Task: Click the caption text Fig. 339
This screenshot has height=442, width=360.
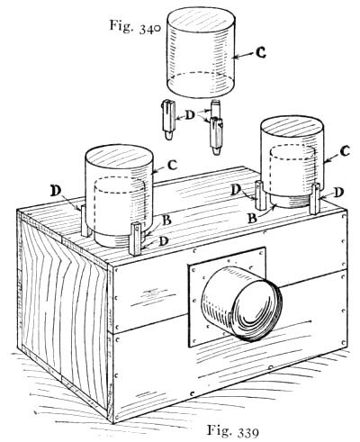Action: coord(233,431)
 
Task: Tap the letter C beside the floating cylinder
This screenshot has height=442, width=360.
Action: coord(261,53)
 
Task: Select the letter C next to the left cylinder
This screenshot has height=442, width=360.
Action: coord(172,165)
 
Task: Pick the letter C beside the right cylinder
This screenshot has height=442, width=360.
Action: coord(346,151)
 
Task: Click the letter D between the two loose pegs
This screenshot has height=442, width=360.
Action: coord(190,115)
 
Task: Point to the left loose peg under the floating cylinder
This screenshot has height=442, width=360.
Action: coord(168,120)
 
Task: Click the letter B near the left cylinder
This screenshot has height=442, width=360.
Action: coord(166,220)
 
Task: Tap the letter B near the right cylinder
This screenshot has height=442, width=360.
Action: coord(252,218)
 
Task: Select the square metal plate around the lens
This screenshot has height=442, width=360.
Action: coord(227,297)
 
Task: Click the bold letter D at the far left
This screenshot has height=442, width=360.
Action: coord(56,191)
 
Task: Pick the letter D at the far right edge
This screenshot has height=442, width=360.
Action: coord(337,193)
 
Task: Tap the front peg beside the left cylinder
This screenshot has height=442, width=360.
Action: coord(136,239)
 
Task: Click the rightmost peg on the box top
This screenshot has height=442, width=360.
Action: coord(315,199)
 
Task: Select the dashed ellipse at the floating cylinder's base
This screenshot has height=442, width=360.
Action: coord(201,86)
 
